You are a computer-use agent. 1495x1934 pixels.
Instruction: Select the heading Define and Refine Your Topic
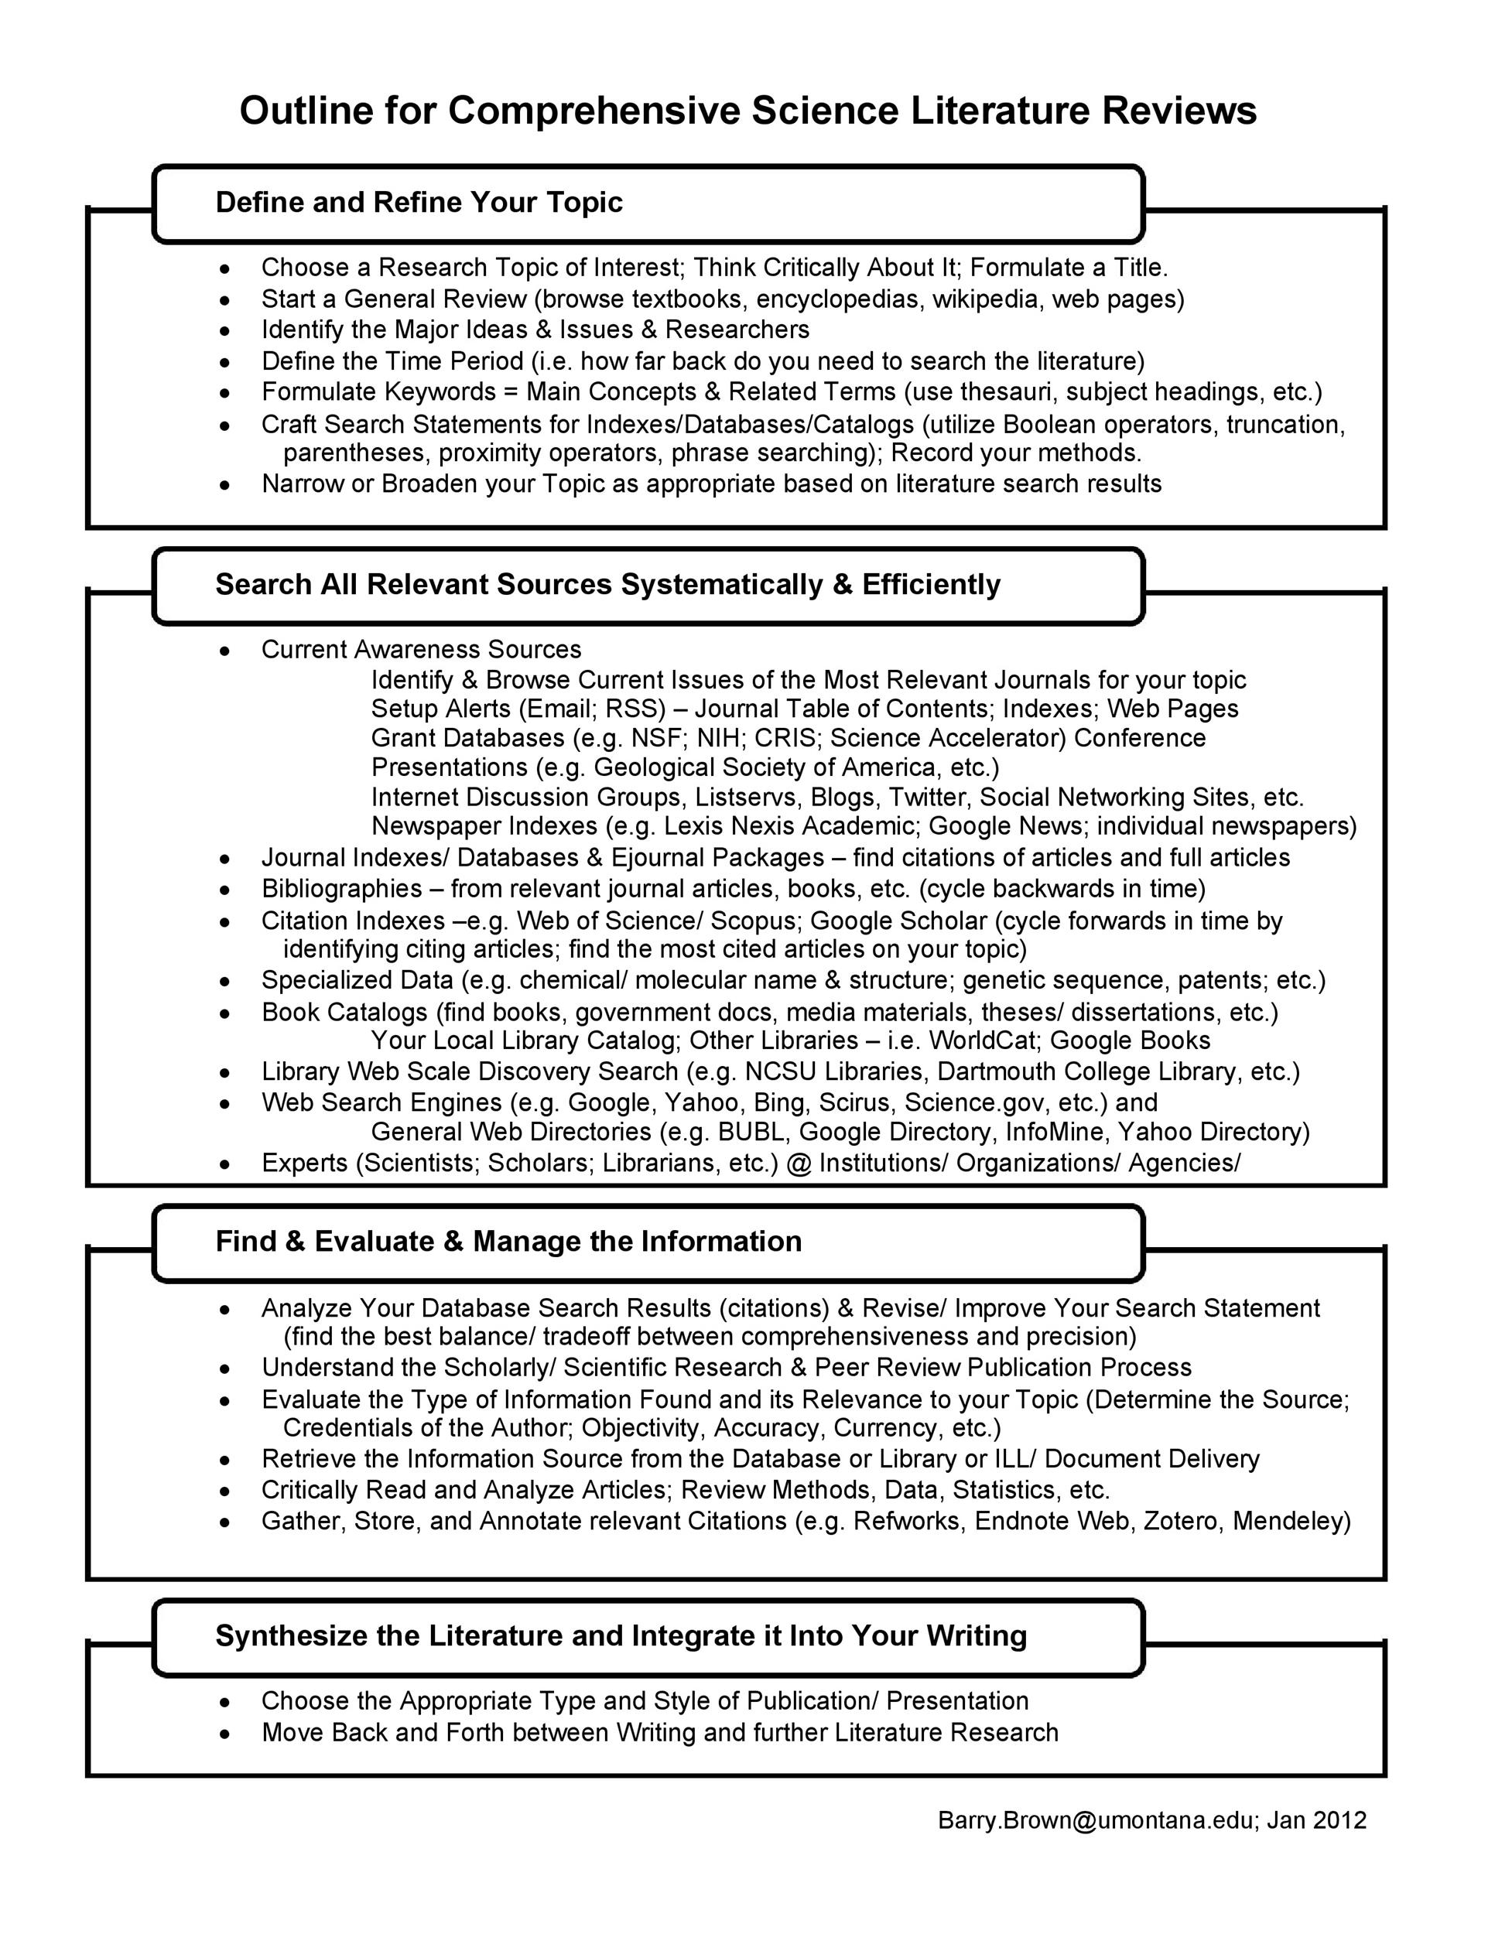[x=419, y=203]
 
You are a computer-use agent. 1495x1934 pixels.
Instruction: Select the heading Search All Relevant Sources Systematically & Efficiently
[x=607, y=584]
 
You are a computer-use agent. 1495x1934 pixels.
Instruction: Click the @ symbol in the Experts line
[x=798, y=1163]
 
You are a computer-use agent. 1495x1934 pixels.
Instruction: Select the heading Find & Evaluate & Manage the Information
[x=508, y=1242]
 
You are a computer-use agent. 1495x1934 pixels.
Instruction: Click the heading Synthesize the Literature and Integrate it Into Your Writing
[x=621, y=1635]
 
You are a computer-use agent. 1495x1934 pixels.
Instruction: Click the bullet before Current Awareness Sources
[x=227, y=651]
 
